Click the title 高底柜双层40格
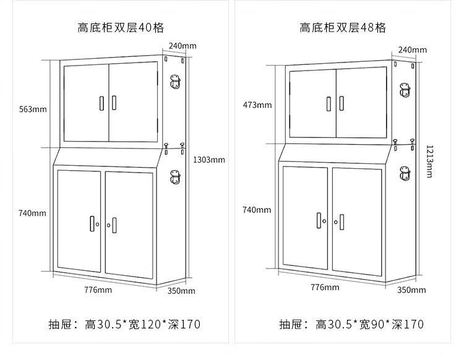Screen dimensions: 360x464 click(x=121, y=27)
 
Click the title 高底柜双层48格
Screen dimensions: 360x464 click(x=343, y=27)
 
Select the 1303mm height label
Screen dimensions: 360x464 click(x=209, y=160)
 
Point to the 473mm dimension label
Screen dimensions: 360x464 click(x=257, y=105)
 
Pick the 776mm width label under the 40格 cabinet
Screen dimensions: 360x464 click(x=98, y=289)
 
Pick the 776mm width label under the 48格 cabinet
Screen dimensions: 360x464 click(x=324, y=287)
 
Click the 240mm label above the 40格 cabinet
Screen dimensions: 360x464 click(x=183, y=46)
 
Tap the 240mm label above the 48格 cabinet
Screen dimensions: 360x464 click(x=412, y=49)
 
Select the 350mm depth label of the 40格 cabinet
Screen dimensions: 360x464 click(x=182, y=291)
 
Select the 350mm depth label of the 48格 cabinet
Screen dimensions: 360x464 click(x=411, y=289)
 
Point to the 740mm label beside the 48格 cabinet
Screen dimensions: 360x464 click(x=257, y=210)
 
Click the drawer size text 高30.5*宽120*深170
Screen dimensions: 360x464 click(x=142, y=324)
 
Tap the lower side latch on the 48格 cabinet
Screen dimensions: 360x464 click(x=405, y=175)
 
